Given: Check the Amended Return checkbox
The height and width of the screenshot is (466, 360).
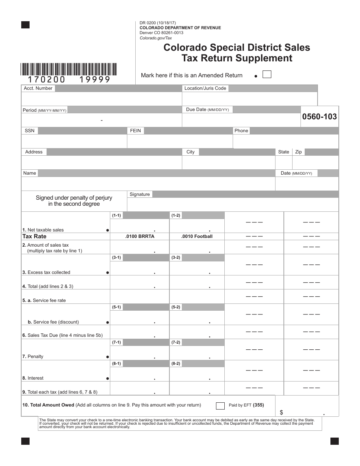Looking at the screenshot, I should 267,74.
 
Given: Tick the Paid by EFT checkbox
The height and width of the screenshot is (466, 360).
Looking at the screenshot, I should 220,406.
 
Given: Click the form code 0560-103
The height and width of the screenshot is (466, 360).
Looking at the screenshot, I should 319,117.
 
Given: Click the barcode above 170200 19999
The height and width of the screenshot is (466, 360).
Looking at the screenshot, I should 69,69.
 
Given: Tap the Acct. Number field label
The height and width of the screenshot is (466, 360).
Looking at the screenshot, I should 38,88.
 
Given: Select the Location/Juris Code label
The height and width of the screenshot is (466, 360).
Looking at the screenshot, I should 205,88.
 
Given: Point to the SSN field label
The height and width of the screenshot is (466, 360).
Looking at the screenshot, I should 30,131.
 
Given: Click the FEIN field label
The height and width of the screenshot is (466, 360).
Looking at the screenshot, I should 135,131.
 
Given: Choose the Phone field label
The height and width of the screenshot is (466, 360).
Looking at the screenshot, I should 241,131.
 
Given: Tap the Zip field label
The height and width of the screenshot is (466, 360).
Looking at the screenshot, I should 299,152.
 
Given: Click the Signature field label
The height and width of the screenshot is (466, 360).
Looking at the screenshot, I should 139,194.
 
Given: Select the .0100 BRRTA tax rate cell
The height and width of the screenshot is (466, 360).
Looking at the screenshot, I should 139,236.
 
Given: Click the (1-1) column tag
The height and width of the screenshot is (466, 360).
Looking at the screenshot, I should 116,215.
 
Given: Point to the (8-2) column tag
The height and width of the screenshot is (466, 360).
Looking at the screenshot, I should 176,364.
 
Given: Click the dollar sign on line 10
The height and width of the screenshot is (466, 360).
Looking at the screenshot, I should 281,412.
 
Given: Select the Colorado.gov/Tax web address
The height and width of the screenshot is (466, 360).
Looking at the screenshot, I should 156,38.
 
